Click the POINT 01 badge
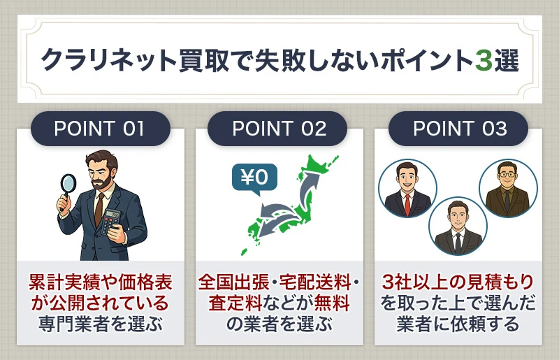pos(99,129)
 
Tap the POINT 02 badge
pos(279,129)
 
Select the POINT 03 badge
pos(459,129)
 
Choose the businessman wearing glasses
pos(507,187)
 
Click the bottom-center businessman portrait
pos(457,225)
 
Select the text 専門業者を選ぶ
pos(100,324)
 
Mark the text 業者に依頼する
pos(458,324)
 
